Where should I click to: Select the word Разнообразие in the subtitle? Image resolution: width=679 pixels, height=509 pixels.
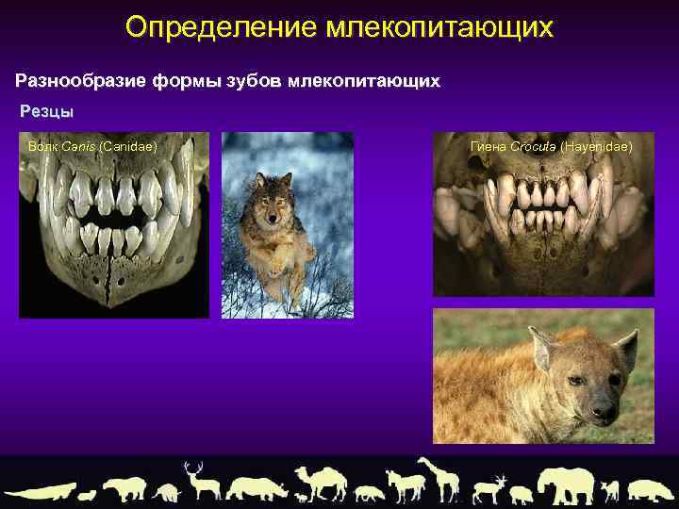point(76,81)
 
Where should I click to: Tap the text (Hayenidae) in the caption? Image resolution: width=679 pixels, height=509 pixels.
point(596,147)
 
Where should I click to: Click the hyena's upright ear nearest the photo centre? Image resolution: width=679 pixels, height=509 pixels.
point(544,350)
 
